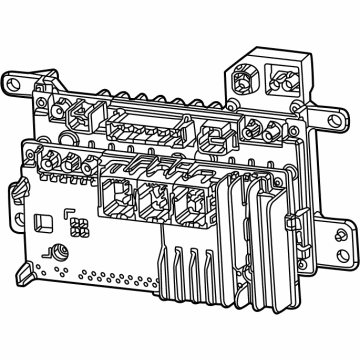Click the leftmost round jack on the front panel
pyautogui.click(x=49, y=161)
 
